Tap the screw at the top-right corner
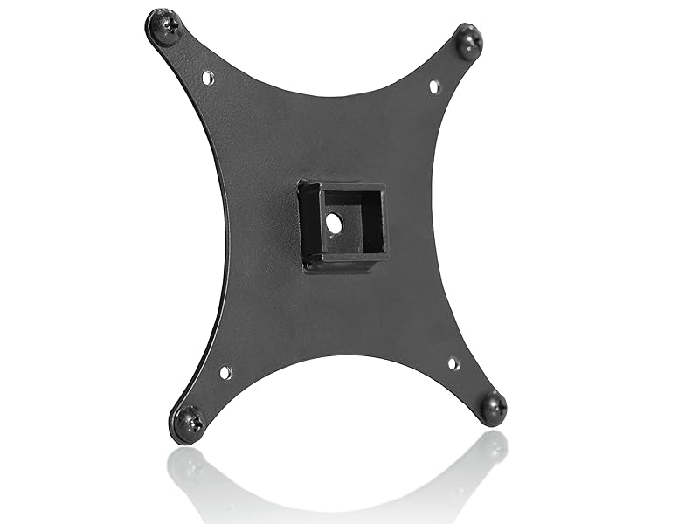pos(469,40)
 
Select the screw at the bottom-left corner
pos(189,423)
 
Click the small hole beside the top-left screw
pos(208,79)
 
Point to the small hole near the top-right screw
pos(434,86)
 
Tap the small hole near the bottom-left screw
pos(225,373)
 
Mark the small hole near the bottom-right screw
pos(453,363)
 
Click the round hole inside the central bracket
pos(334,224)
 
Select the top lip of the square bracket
pos(342,186)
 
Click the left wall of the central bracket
pos(307,225)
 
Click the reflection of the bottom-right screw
pos(495,446)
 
